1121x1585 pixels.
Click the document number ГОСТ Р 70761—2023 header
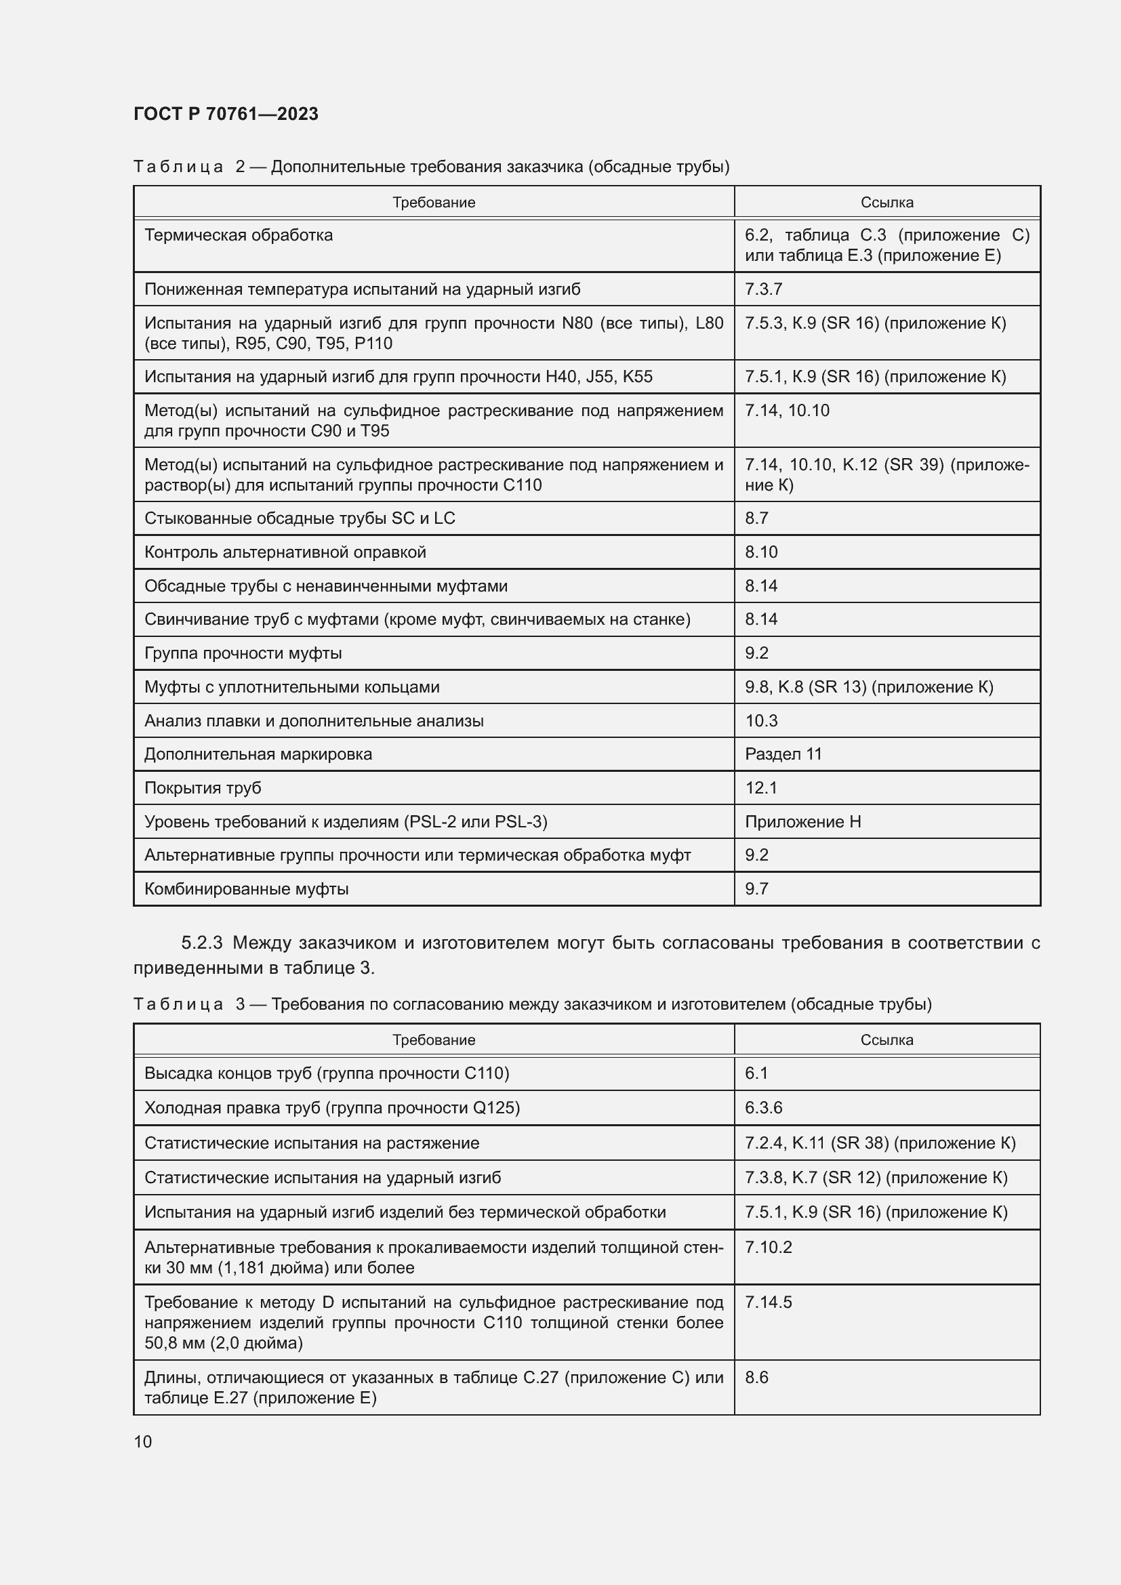tap(226, 114)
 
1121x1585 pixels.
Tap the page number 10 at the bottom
tap(143, 1441)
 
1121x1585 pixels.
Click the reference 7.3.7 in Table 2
tap(763, 289)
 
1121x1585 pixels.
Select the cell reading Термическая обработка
tap(238, 235)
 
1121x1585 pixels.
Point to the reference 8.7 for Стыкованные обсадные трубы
tap(756, 518)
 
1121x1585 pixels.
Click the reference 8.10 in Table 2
tap(760, 552)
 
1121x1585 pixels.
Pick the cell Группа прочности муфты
tap(243, 653)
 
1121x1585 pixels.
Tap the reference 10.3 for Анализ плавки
tap(760, 721)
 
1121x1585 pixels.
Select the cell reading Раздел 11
tap(783, 754)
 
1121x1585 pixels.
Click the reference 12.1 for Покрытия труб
tap(760, 787)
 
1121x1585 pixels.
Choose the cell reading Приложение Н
tap(802, 821)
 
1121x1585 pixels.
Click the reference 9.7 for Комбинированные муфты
tap(756, 888)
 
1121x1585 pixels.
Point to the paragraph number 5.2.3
tap(201, 943)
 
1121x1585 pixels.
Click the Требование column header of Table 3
tap(434, 1039)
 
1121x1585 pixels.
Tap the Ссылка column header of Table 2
tap(887, 202)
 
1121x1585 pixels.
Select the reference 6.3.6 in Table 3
tap(763, 1107)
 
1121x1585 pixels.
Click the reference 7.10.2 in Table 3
tap(769, 1248)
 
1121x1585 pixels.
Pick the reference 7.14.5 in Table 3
tap(769, 1302)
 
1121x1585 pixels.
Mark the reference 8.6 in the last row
tap(756, 1377)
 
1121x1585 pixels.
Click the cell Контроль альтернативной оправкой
tap(285, 552)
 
